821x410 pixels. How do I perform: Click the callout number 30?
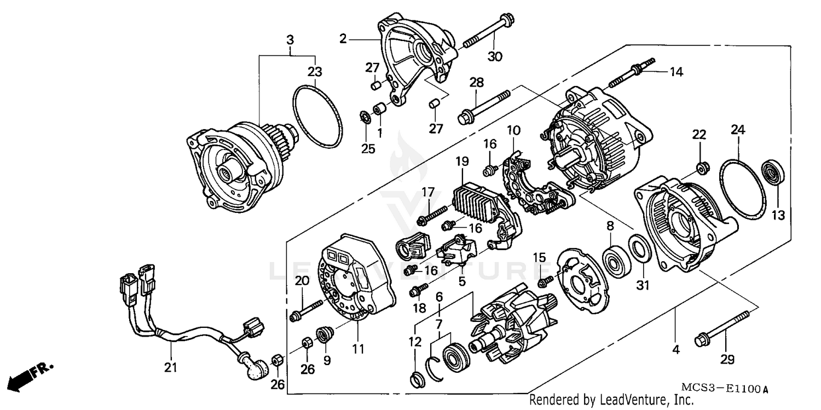494,56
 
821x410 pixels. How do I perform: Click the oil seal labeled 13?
773,172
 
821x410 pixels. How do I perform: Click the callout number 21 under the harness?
171,367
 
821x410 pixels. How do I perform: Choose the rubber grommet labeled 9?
323,334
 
